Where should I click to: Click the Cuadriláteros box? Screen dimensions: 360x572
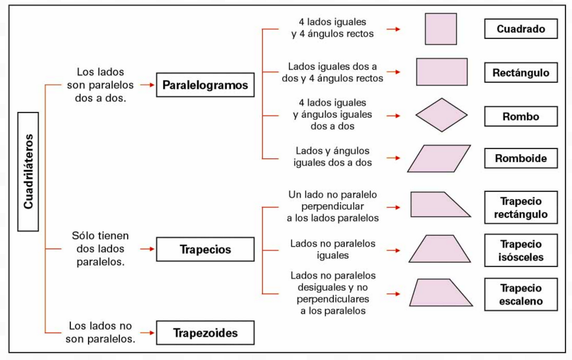[x=28, y=172]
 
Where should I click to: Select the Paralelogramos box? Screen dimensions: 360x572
[x=205, y=85]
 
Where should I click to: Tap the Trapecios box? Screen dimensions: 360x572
[x=205, y=249]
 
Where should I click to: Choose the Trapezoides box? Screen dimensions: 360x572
[x=205, y=333]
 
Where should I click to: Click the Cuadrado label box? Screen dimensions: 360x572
[x=521, y=29]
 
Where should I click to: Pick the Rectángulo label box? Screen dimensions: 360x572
[x=521, y=72]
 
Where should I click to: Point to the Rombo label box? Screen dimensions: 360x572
[x=521, y=117]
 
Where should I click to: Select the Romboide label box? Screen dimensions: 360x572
[x=521, y=158]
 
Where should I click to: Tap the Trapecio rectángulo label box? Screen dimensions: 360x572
[x=521, y=208]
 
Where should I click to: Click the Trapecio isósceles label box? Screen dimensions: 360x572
[x=521, y=251]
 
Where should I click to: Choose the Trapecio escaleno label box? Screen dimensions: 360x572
[x=521, y=294]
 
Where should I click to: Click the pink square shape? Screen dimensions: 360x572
[x=441, y=29]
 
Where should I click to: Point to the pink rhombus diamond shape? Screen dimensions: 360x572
[x=441, y=115]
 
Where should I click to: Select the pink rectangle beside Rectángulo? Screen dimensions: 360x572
[x=441, y=72]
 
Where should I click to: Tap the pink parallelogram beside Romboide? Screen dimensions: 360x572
[x=439, y=158]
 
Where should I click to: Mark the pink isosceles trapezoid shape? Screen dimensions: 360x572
[x=440, y=249]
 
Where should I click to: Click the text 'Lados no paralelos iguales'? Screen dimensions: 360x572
[x=333, y=249]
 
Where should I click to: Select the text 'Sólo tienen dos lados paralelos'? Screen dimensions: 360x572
[x=100, y=249]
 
